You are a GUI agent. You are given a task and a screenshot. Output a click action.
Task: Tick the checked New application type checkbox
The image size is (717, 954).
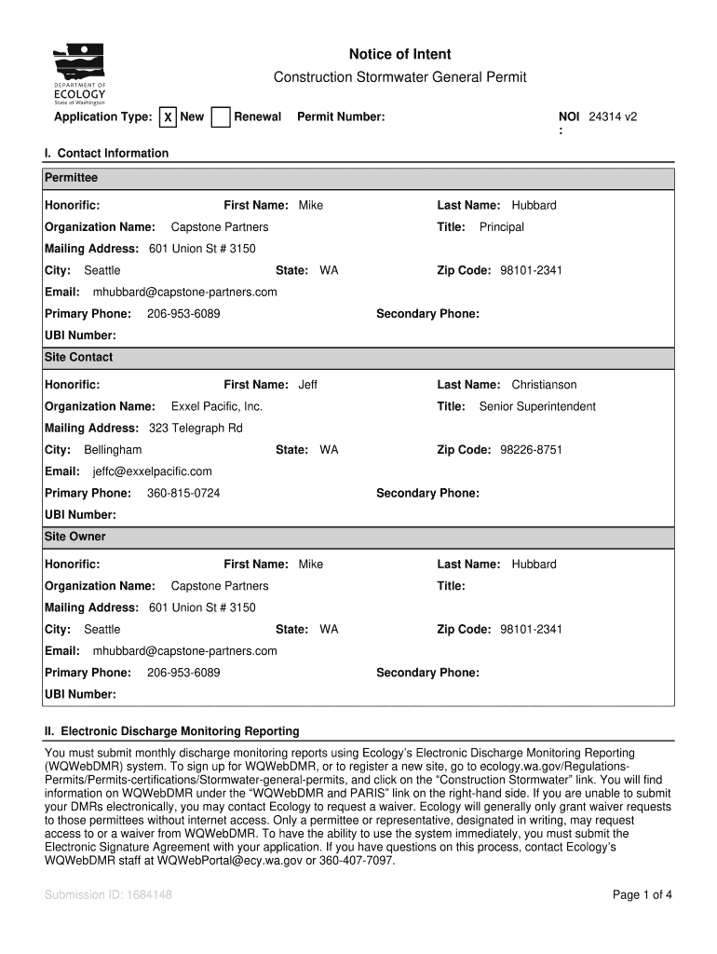[x=168, y=117]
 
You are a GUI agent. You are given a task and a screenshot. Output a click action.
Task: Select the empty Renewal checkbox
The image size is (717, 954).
[x=221, y=117]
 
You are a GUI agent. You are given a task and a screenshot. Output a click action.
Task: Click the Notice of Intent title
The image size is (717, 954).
[x=399, y=55]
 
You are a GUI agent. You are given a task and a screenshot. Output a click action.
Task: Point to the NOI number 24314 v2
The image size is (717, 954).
[x=613, y=117]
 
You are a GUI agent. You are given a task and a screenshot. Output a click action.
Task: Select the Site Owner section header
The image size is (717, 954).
[x=75, y=538]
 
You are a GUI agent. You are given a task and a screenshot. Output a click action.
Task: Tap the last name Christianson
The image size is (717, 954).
[x=544, y=385]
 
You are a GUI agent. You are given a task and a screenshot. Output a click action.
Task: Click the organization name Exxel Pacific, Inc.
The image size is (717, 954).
[x=217, y=407]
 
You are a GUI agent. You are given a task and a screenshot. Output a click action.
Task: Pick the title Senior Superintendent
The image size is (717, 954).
[x=537, y=407]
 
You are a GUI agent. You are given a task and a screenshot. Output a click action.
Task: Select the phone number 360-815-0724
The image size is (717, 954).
[x=183, y=494]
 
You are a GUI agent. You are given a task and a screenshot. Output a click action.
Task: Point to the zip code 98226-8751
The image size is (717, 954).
[x=531, y=450]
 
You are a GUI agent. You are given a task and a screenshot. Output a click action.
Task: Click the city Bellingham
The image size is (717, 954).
[x=113, y=450]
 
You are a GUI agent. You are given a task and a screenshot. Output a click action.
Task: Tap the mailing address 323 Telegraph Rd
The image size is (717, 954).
[x=196, y=429]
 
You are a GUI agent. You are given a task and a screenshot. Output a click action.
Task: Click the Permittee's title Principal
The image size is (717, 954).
[x=502, y=227]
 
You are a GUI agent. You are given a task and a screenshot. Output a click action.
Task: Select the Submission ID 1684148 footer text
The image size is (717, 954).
[x=108, y=895]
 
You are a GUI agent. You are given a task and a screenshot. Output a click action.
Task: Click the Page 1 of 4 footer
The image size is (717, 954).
[x=643, y=895]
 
